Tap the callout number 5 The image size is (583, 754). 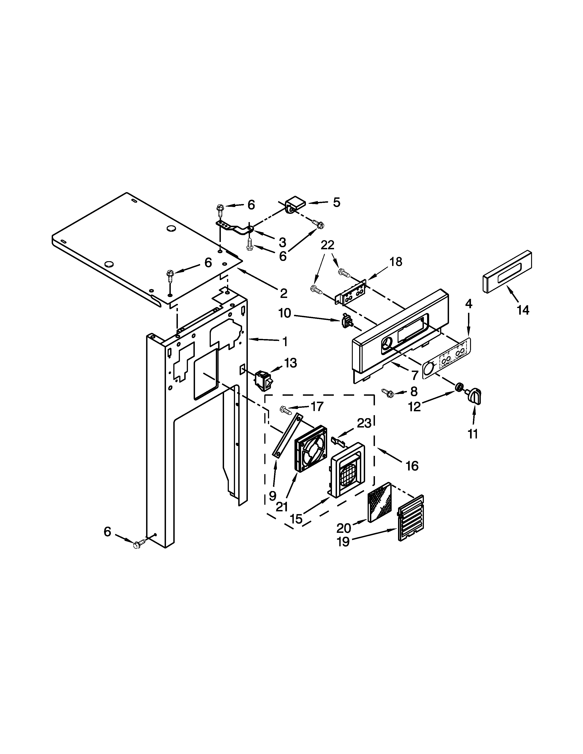coord(336,202)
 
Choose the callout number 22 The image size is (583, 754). coord(327,245)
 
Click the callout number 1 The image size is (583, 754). coord(285,342)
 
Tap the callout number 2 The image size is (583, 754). coord(283,293)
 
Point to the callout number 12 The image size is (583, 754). coord(415,407)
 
